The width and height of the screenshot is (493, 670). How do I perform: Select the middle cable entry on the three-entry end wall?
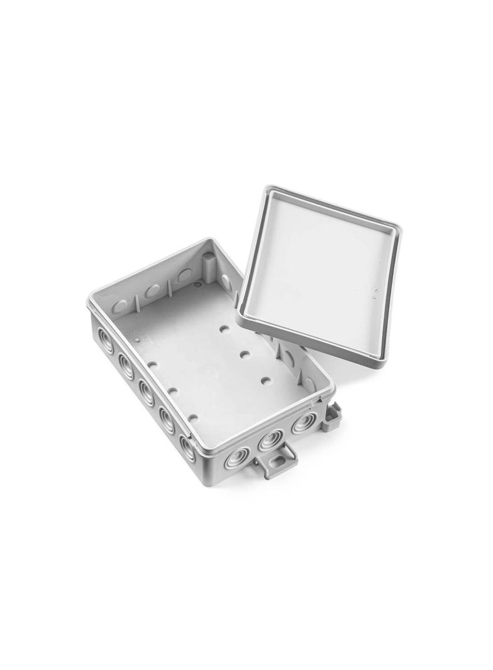tap(270, 439)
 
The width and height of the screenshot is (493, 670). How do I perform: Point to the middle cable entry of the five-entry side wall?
tap(147, 392)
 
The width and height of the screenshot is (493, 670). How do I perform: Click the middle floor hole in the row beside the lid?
tap(245, 354)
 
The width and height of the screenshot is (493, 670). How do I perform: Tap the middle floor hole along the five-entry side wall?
tap(173, 391)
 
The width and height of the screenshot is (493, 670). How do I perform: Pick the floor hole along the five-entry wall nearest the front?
tap(193, 417)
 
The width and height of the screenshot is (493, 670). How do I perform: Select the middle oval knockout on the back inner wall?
tap(153, 291)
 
